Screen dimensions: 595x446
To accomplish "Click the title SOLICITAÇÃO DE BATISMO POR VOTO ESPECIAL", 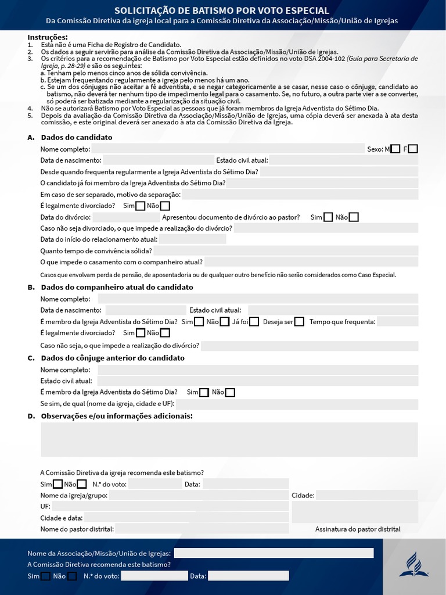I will tap(222, 10).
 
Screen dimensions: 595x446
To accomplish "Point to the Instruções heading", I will tap(48, 37).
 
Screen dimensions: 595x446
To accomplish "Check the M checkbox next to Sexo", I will tap(395, 149).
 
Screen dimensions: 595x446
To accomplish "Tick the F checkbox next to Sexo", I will tap(413, 149).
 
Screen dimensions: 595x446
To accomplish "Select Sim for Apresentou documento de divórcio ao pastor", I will tap(328, 217).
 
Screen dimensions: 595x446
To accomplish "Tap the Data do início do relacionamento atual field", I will tap(192, 239).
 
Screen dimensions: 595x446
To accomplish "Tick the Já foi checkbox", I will tap(254, 322).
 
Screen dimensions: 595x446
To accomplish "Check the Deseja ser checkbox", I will tap(299, 322).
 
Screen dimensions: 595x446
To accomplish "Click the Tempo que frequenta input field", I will tap(397, 322).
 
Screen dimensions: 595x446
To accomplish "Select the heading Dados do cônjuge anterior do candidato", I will tap(113, 358).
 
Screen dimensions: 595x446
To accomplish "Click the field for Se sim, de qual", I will tap(297, 404).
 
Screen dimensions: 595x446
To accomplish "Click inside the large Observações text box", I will tap(229, 439).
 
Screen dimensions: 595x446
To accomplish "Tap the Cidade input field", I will tap(367, 495).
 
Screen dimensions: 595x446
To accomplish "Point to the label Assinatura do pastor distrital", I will tap(358, 529).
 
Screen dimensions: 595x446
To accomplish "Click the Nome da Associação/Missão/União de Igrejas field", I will tap(274, 553).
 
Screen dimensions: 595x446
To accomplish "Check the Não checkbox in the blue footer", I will tap(72, 576).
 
